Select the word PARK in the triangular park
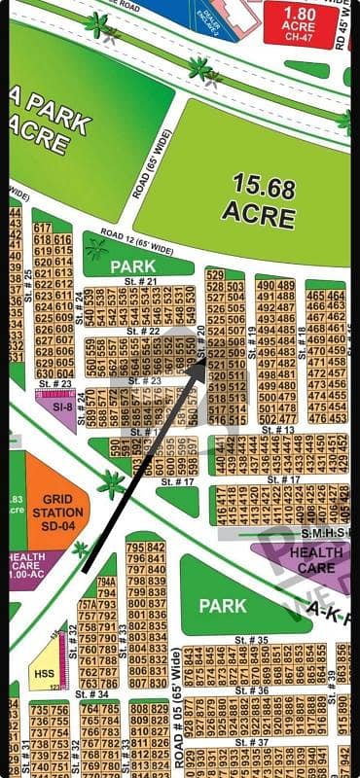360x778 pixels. [222, 605]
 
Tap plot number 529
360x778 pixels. [216, 275]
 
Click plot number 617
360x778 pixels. [42, 228]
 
